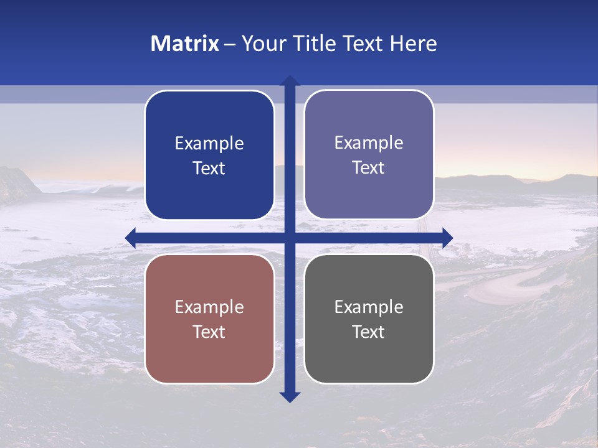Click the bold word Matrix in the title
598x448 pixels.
(x=185, y=44)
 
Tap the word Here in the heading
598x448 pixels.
(x=414, y=44)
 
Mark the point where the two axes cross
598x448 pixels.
(x=290, y=238)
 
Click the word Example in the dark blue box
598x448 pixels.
(x=209, y=144)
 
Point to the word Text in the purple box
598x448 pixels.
(x=369, y=168)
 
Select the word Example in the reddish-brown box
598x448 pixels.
(x=209, y=307)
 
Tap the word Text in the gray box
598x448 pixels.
(x=369, y=332)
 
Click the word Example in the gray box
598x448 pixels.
(x=369, y=307)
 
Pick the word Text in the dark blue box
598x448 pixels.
(x=209, y=169)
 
